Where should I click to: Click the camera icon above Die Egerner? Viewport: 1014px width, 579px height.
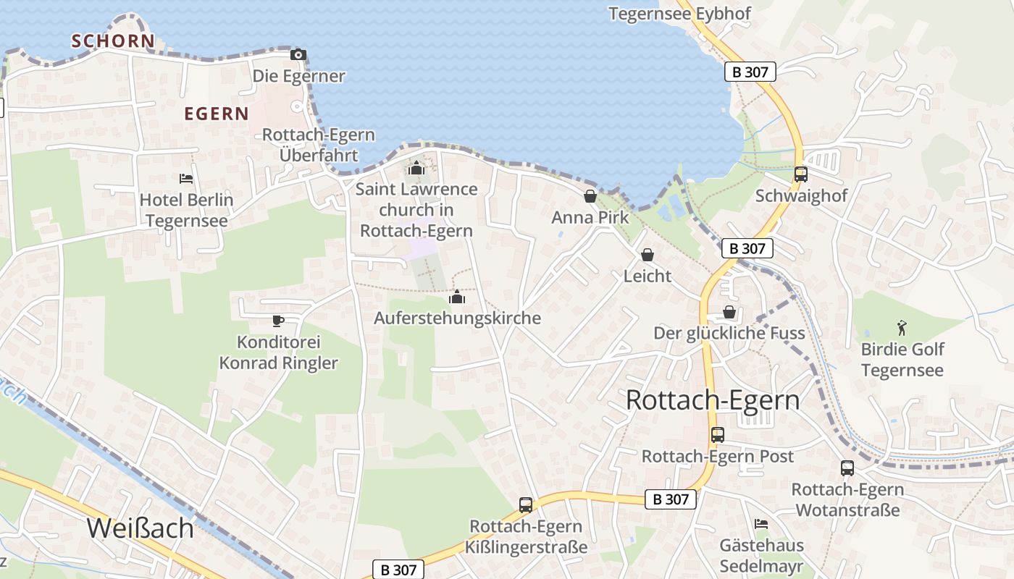(298, 55)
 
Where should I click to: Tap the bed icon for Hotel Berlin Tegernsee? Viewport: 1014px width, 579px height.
(186, 178)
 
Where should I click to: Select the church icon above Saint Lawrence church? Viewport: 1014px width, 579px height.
(416, 169)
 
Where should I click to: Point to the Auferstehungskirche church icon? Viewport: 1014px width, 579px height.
(457, 297)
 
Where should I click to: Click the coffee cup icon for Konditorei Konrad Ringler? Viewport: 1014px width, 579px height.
(278, 320)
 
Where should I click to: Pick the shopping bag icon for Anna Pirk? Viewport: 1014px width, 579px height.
(590, 196)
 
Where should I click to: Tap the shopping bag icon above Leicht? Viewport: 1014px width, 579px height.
(648, 255)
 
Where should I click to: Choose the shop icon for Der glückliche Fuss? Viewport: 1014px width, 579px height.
(729, 312)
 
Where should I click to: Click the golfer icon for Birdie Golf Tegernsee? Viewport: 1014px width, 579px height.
(902, 328)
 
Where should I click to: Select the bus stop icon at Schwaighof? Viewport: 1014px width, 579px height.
(801, 174)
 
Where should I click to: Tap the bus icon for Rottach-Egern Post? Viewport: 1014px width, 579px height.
(718, 435)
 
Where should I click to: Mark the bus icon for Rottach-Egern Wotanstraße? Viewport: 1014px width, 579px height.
(847, 468)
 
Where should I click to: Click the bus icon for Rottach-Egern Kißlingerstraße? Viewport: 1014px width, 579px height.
(526, 505)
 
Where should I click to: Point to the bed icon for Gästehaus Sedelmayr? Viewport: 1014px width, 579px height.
(761, 524)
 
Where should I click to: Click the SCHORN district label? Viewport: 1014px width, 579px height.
(113, 41)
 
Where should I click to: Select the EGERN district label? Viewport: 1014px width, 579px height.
(217, 114)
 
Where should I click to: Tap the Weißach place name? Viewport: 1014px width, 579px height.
(141, 528)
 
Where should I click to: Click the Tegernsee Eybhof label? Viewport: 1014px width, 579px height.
(679, 14)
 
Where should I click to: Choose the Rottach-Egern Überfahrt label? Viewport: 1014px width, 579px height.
(319, 145)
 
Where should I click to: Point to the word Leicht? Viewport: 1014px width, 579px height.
(648, 276)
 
